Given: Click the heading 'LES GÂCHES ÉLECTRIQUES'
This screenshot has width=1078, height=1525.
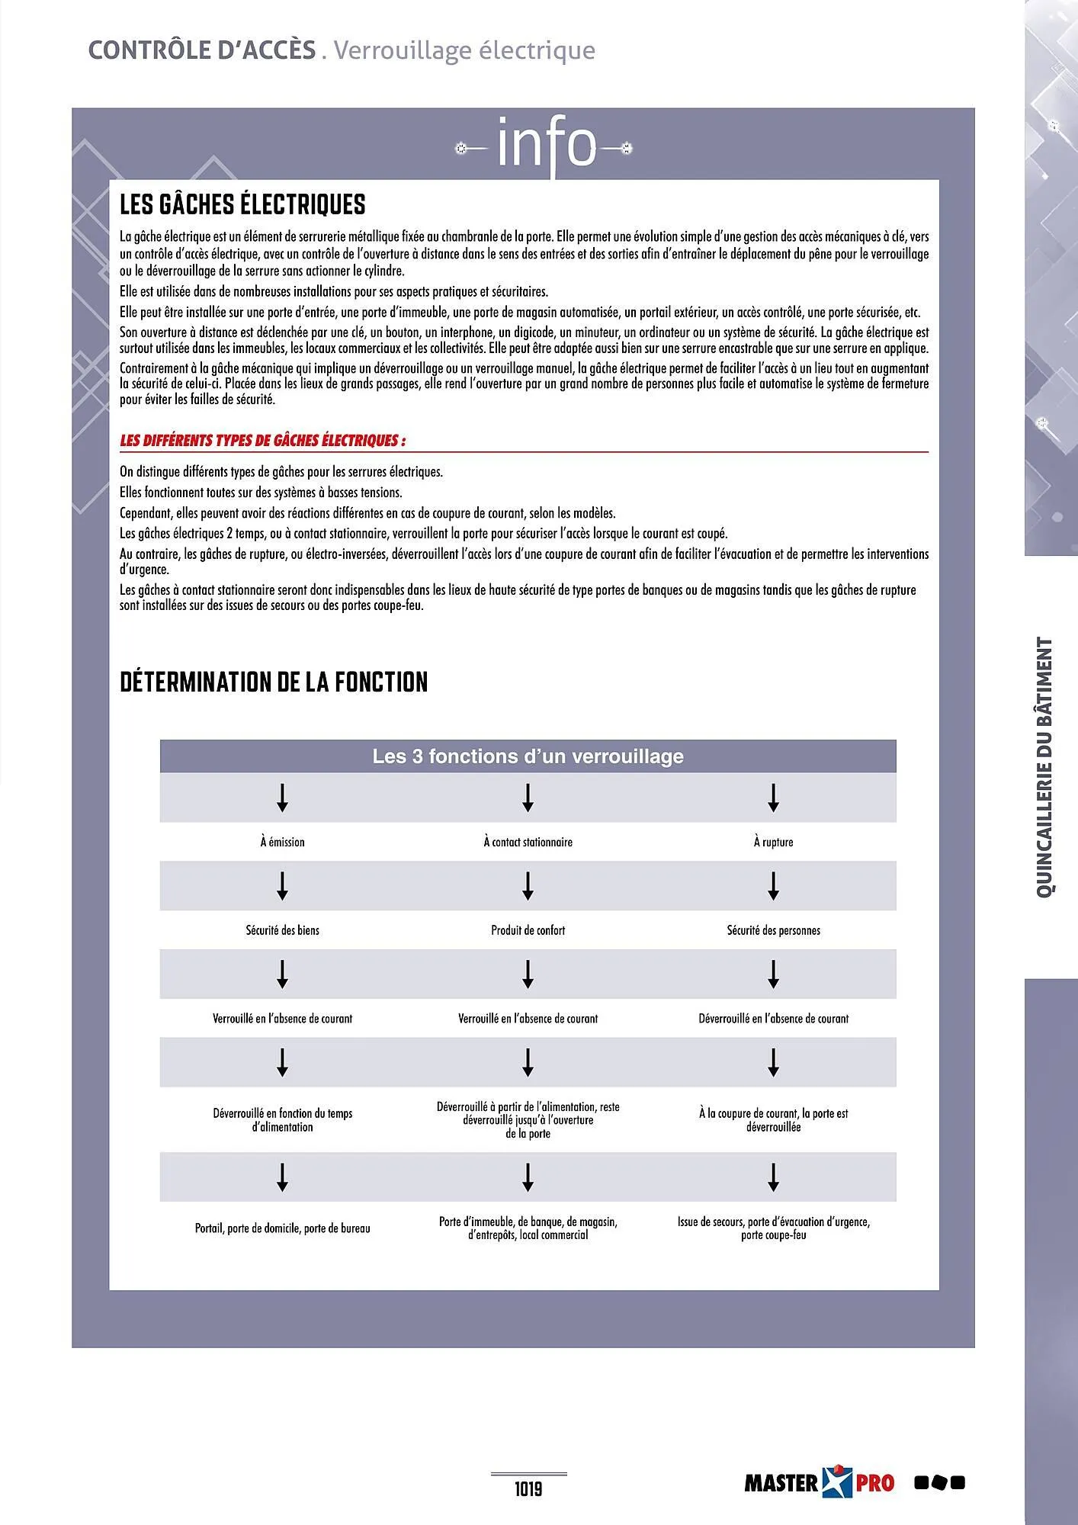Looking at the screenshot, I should (x=242, y=204).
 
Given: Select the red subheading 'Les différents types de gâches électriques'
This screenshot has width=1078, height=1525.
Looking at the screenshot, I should (x=262, y=441).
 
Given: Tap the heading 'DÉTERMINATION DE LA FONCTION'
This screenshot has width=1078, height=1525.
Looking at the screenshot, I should (x=274, y=682).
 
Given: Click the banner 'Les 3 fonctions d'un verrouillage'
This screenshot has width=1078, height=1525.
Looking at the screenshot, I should (x=528, y=756).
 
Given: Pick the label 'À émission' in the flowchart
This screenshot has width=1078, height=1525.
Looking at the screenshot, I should (x=282, y=842).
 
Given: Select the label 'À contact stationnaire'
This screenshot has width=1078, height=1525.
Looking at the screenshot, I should (x=528, y=842).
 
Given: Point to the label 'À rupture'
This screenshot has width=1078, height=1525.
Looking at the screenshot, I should (x=773, y=842).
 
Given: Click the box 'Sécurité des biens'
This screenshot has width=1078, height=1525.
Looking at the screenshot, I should (x=282, y=930).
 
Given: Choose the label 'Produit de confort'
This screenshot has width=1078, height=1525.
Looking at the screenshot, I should (x=528, y=930).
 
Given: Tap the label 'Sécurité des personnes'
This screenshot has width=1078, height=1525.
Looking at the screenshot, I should (x=773, y=930).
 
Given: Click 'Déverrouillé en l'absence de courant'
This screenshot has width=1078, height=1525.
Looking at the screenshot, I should (x=773, y=1019).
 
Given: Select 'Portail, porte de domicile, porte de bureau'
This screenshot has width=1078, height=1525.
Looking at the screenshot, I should (x=282, y=1228).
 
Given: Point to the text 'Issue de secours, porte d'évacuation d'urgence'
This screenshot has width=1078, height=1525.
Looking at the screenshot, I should (x=773, y=1222).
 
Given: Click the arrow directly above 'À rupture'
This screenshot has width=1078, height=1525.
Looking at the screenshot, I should (x=773, y=798).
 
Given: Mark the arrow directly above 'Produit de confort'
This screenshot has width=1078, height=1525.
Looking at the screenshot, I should (x=528, y=886).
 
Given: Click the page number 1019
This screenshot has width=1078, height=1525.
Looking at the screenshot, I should (x=528, y=1489).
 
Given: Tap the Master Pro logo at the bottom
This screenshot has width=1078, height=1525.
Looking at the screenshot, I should (x=820, y=1482).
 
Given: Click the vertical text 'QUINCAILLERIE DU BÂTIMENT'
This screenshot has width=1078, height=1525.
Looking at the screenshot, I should (x=1044, y=767).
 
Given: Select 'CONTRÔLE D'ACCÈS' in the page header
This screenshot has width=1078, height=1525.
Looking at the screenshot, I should (x=202, y=50).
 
